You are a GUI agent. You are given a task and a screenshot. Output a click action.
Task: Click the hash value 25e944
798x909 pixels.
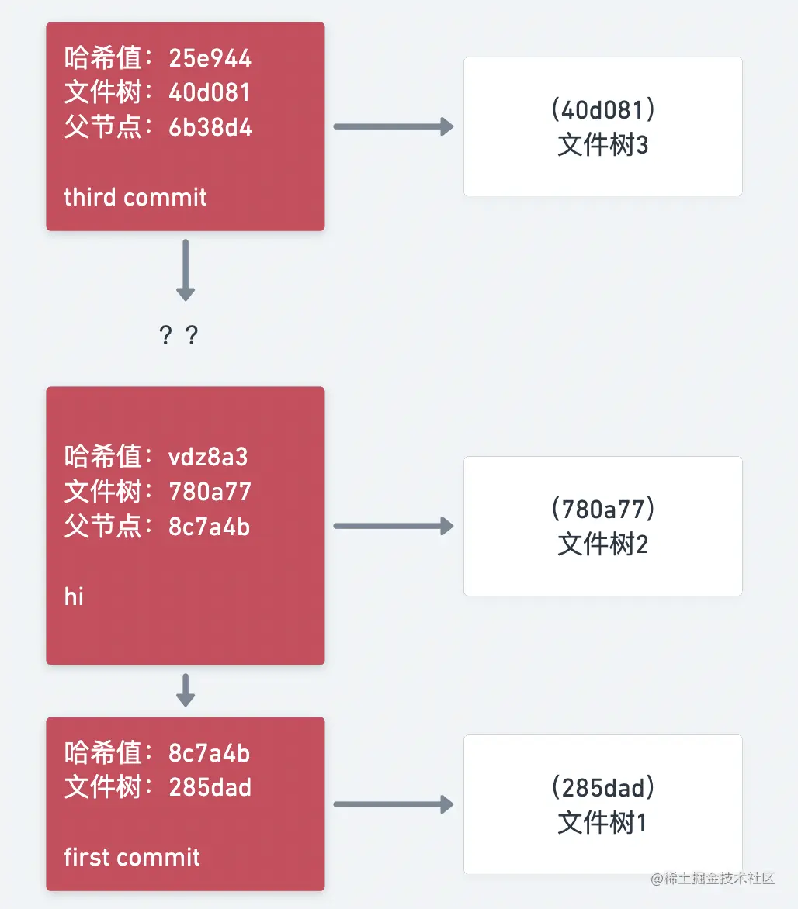pos(210,58)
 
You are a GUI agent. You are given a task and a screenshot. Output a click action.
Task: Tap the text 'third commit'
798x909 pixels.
pos(135,197)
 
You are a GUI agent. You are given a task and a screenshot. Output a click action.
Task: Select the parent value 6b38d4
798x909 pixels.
pos(210,127)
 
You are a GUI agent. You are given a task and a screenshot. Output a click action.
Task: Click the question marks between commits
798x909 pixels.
pos(179,336)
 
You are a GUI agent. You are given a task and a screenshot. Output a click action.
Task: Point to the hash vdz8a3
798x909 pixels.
pos(208,457)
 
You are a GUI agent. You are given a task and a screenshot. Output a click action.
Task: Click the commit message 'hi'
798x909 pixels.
pos(74,596)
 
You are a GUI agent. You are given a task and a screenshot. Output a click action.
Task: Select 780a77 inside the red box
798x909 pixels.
pos(210,492)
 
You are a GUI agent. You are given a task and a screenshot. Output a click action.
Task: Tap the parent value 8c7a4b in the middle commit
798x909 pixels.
pos(210,527)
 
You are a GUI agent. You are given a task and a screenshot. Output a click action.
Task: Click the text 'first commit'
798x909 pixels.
pos(132,857)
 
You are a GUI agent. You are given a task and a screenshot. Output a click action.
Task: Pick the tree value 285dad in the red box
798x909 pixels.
pos(210,788)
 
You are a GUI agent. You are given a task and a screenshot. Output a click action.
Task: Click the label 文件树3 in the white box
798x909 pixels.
pos(602,145)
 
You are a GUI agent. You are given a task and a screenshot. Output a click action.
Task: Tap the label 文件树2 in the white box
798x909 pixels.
pos(602,544)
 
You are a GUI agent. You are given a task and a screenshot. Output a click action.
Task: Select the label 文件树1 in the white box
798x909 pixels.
pos(602,823)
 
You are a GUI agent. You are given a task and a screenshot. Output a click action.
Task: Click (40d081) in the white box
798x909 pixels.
pos(602,110)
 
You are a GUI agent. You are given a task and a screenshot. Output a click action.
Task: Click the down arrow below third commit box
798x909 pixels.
pos(185,270)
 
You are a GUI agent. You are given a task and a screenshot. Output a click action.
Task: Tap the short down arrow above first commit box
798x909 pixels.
pos(185,690)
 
